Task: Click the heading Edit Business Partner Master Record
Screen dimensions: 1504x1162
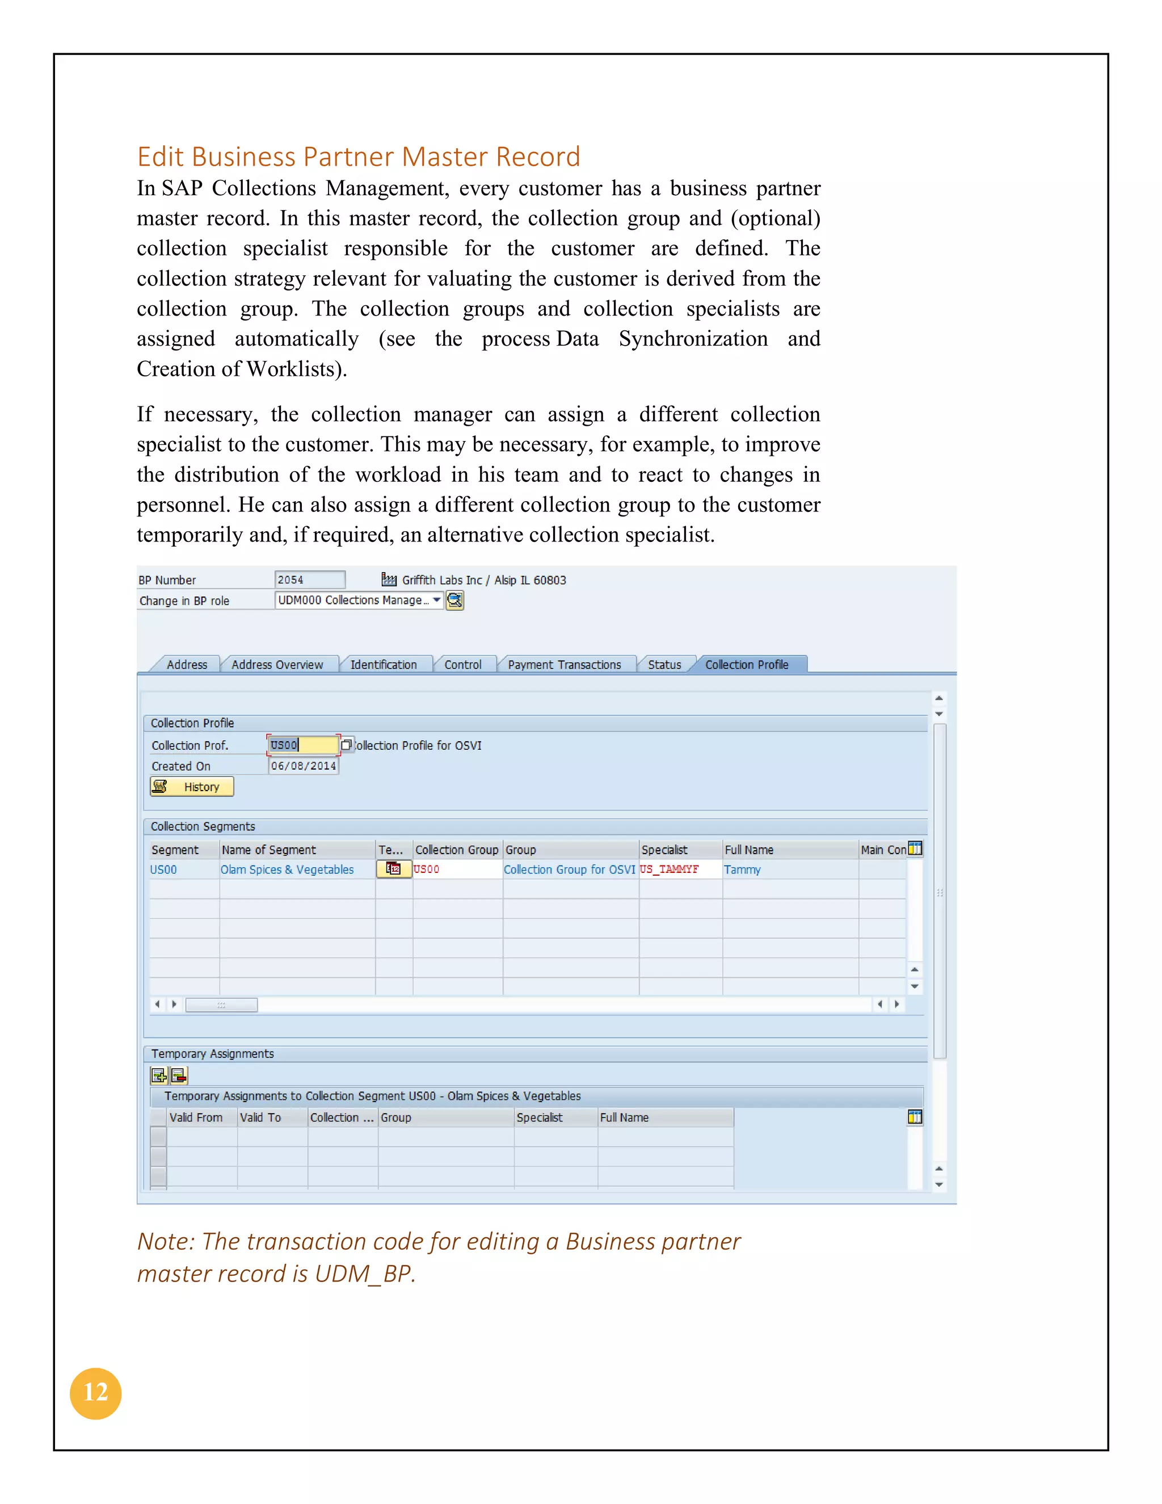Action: pos(358,157)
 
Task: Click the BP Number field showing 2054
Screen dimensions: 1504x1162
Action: pos(309,580)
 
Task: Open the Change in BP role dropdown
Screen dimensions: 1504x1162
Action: pos(436,600)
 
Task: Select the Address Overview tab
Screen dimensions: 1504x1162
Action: pos(277,665)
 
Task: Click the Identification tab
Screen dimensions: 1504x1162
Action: pos(384,665)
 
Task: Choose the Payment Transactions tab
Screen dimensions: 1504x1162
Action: pos(564,665)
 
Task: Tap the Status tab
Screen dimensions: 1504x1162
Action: pos(664,665)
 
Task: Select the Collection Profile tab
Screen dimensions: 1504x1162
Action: pos(746,665)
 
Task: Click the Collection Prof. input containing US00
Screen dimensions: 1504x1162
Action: pos(303,745)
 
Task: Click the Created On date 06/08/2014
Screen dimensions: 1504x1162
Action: pos(303,766)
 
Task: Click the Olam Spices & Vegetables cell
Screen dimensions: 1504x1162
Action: pos(287,869)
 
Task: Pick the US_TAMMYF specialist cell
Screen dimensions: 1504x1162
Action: pos(669,869)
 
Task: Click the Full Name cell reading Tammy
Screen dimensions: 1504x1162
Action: pos(742,869)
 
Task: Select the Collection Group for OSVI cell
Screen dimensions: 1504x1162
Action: pos(569,869)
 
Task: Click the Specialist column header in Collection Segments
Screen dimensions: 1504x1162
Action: pos(664,850)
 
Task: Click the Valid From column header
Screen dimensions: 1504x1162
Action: pos(196,1118)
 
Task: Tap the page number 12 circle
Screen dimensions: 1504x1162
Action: pos(96,1393)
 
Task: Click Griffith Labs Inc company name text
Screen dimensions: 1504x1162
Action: pos(441,580)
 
